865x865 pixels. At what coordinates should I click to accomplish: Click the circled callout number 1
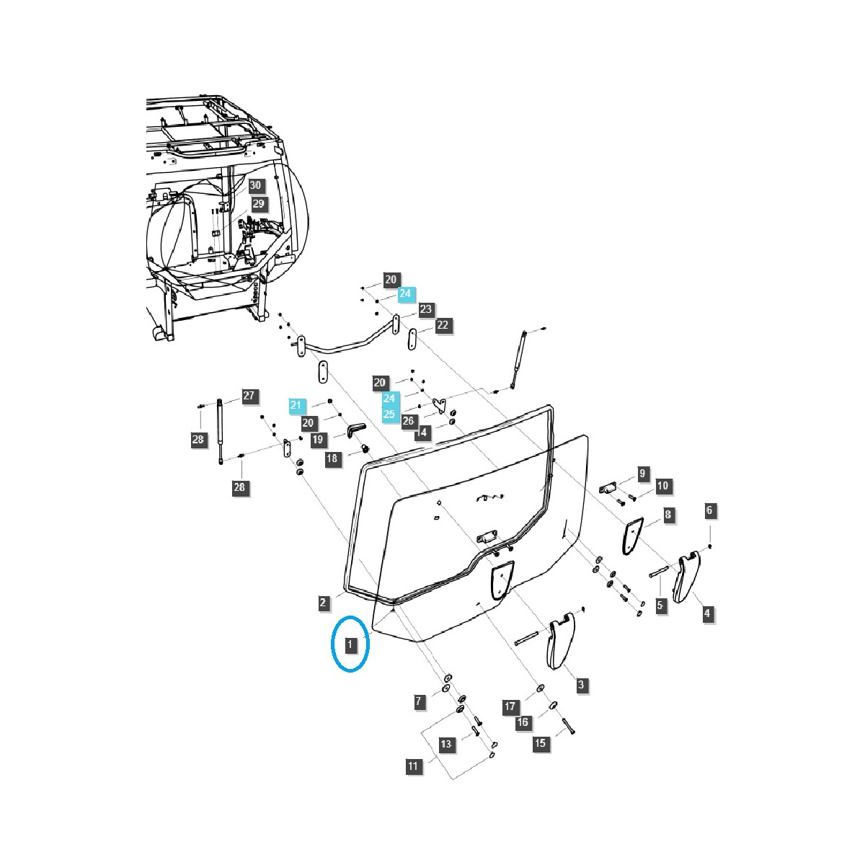point(350,644)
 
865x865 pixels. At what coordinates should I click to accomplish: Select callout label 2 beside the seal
point(325,602)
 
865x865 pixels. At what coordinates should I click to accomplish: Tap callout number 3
point(581,685)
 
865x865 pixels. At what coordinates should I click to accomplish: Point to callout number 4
point(707,613)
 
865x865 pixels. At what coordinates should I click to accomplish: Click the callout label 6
point(709,510)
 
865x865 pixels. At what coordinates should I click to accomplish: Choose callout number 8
point(667,515)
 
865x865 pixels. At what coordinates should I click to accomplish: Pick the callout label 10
point(662,486)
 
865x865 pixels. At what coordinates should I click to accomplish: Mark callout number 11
point(413,766)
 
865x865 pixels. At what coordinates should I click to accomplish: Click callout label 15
point(541,743)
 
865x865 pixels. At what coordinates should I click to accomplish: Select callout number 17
point(510,706)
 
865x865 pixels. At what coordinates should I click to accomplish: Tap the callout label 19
point(318,439)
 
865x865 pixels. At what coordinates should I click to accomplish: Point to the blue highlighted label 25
point(389,414)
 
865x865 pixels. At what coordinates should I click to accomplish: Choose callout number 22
point(442,325)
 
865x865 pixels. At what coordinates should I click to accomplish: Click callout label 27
point(249,396)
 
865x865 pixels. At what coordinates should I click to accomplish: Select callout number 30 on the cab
point(255,185)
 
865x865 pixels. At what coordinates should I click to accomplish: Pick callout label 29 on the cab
point(258,204)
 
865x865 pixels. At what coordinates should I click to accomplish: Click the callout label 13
point(447,744)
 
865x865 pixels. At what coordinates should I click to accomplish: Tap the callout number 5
point(660,605)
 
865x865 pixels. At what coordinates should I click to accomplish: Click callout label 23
point(425,309)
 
